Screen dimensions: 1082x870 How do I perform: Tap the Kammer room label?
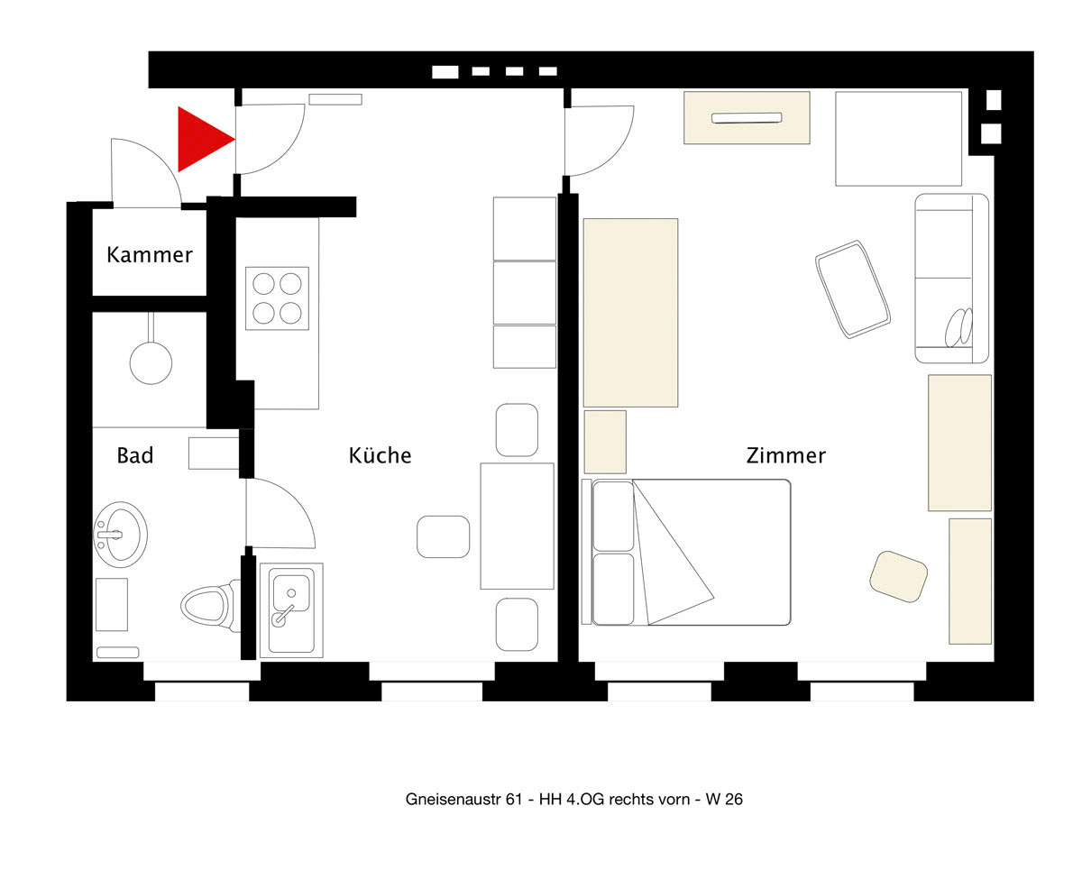coord(150,255)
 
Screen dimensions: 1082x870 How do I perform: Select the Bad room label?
coord(134,455)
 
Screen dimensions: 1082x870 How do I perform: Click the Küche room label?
coord(381,455)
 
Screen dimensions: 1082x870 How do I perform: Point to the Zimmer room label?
coord(786,455)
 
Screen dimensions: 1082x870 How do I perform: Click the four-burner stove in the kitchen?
coord(277,298)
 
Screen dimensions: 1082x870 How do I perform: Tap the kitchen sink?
coord(291,610)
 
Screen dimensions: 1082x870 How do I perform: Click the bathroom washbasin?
coord(120,535)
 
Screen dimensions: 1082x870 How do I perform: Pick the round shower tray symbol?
coord(151,362)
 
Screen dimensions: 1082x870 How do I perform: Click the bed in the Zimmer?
coord(686,552)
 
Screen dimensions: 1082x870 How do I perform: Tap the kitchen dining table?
coord(517,526)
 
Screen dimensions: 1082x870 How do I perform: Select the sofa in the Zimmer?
coord(952,278)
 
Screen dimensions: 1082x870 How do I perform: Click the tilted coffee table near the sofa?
coord(853,289)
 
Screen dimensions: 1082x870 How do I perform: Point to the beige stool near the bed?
coord(898,576)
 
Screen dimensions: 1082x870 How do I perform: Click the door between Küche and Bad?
coord(280,513)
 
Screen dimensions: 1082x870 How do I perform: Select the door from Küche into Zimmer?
coord(600,141)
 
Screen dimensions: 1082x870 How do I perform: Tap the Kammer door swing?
coord(146,172)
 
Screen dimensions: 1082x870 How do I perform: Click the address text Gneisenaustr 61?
coord(464,799)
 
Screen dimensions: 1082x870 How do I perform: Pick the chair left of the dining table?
coord(443,536)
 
